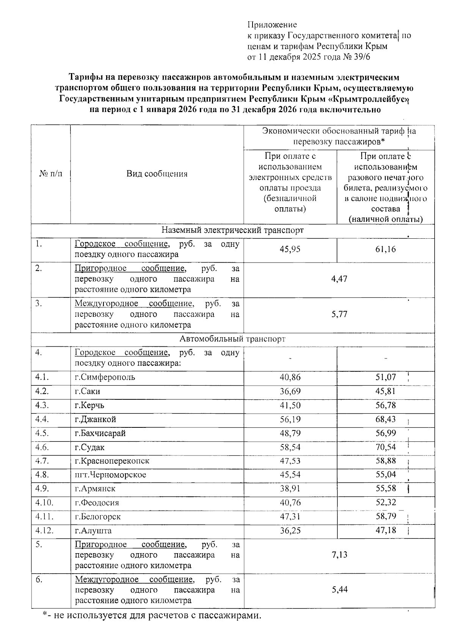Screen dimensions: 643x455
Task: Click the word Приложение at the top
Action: tap(272, 25)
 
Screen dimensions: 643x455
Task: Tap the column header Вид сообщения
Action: tap(157, 174)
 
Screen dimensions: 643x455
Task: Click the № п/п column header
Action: tap(50, 174)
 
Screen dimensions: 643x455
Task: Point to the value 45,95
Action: tap(290, 249)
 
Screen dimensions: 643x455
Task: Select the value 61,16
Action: tap(386, 249)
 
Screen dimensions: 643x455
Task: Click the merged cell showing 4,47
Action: tap(339, 279)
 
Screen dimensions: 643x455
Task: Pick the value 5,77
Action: tap(339, 314)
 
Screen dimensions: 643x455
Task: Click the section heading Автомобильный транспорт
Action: tap(232, 339)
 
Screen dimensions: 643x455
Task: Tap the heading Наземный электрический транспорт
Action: tap(232, 230)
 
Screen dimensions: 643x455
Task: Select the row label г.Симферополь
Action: tap(105, 377)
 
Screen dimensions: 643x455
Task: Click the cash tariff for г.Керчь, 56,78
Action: tap(386, 405)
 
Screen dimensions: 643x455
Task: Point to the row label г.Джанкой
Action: tap(96, 419)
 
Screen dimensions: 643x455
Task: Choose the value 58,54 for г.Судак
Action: tap(290, 447)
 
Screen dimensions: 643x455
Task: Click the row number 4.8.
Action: tap(42, 475)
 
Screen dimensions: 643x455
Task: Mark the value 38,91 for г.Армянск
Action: tap(290, 489)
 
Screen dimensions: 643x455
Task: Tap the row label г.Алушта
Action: tap(93, 530)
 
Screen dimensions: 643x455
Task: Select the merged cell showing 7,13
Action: tap(339, 555)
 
